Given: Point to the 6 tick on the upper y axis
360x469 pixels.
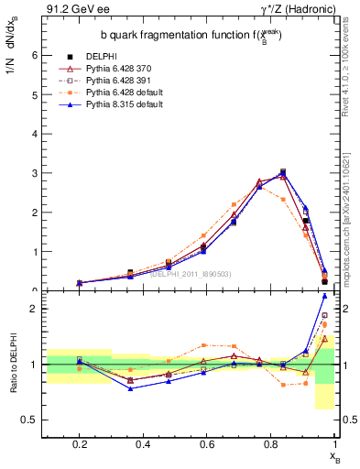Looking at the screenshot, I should [35, 55].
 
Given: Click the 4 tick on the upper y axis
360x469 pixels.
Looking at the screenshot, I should [35, 134].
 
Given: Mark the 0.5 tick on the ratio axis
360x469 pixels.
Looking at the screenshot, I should [30, 420].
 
